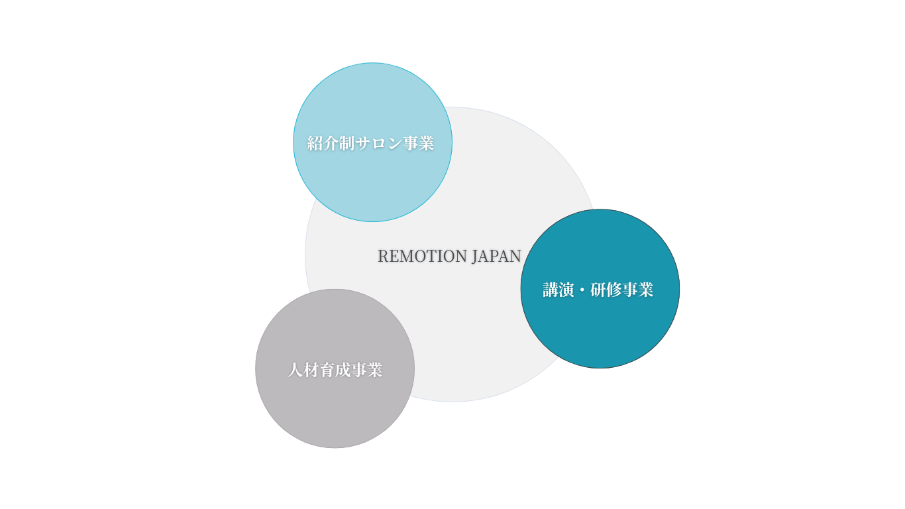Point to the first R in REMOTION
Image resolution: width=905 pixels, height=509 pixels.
click(383, 256)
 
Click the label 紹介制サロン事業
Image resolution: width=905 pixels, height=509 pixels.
click(370, 143)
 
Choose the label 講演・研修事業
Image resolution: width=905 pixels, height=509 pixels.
click(598, 290)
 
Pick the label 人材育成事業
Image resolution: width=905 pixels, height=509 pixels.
click(335, 370)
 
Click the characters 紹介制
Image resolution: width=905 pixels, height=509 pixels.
click(331, 143)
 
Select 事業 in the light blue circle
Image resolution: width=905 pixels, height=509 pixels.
click(419, 143)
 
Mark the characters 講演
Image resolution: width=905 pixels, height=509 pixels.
click(559, 290)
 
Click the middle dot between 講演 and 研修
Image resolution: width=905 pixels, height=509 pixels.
click(582, 290)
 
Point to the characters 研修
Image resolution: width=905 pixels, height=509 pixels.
click(606, 290)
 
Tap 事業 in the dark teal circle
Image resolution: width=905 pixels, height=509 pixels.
click(638, 290)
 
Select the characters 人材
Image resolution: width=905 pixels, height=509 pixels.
click(303, 370)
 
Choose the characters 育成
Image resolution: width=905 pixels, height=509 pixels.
click(335, 370)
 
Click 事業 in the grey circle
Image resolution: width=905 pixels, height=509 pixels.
click(367, 370)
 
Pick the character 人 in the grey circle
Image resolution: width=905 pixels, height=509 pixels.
click(295, 370)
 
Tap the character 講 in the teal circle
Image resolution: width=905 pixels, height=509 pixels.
click(551, 290)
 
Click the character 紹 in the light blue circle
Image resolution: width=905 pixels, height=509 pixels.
click(315, 143)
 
